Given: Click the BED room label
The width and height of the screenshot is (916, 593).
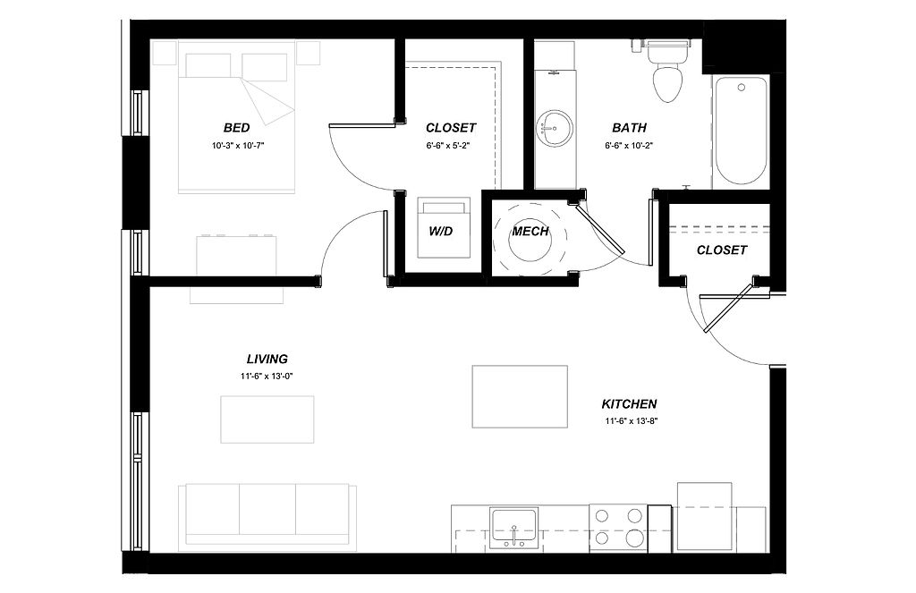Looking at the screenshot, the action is pyautogui.click(x=236, y=127).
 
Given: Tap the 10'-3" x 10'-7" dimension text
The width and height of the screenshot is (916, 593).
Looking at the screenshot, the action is pyautogui.click(x=238, y=146).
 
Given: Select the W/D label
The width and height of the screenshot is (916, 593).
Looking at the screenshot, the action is pyautogui.click(x=441, y=232).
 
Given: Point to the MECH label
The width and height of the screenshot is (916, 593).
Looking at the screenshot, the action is pyautogui.click(x=530, y=232).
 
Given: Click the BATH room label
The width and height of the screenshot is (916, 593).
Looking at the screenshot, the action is pyautogui.click(x=629, y=127).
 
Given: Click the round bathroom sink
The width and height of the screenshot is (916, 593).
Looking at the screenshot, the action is pyautogui.click(x=553, y=128).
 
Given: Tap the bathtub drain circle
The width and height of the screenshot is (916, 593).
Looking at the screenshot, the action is pyautogui.click(x=742, y=88).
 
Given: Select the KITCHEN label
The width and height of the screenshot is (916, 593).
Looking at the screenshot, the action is pyautogui.click(x=629, y=403).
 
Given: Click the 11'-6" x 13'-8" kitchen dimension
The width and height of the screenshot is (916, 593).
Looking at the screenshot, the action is pyautogui.click(x=631, y=420).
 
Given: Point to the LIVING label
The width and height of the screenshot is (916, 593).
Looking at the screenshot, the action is pyautogui.click(x=267, y=359).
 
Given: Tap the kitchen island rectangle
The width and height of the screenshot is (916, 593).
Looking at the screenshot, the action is pyautogui.click(x=520, y=397).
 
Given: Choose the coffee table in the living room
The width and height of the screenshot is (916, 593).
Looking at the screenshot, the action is pyautogui.click(x=267, y=419).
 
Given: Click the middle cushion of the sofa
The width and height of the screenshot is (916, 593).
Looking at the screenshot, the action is pyautogui.click(x=267, y=509).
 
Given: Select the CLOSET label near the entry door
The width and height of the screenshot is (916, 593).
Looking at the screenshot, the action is pyautogui.click(x=722, y=250).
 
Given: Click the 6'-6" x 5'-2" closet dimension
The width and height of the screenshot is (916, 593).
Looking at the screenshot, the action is pyautogui.click(x=448, y=146).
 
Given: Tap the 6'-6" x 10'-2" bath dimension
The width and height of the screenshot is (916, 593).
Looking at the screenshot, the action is pyautogui.click(x=629, y=146).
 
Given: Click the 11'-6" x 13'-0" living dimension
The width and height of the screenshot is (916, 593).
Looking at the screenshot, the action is pyautogui.click(x=267, y=377).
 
